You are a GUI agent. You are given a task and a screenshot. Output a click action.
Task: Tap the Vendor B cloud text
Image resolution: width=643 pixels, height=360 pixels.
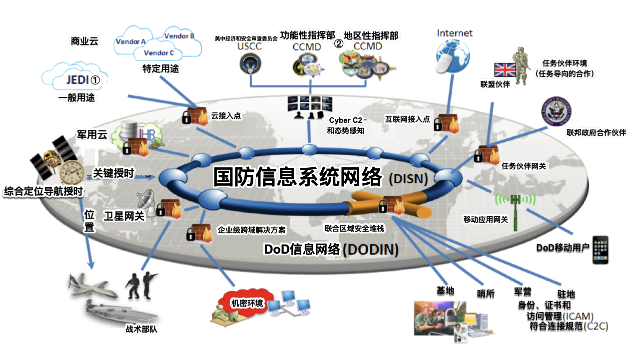pyautogui.click(x=179, y=36)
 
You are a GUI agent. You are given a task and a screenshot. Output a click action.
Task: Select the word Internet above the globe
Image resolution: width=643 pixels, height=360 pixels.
pyautogui.click(x=454, y=33)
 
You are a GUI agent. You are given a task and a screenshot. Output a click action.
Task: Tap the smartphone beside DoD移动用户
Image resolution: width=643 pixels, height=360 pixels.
pyautogui.click(x=602, y=250)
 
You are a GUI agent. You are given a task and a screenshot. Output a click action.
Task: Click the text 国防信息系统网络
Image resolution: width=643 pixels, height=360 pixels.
pyautogui.click(x=297, y=177)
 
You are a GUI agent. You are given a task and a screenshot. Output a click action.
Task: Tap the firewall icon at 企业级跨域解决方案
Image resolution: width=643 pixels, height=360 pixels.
pyautogui.click(x=200, y=233)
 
